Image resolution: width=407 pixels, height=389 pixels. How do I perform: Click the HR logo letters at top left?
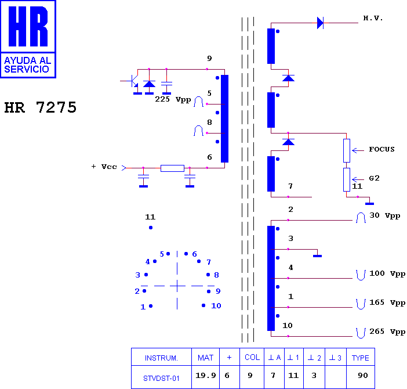coord(28,26)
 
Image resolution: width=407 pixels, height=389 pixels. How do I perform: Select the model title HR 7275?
coord(41,107)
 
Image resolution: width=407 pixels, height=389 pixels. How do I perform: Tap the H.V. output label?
coord(373,18)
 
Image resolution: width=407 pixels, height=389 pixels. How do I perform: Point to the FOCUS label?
coord(381,149)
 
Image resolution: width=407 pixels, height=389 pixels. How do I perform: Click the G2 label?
coord(374,178)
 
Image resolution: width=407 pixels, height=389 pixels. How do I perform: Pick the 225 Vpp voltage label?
coord(173,99)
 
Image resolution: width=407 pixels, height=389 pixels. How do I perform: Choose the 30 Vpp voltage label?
coord(384,215)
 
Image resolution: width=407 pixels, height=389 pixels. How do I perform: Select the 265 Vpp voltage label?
coord(387,332)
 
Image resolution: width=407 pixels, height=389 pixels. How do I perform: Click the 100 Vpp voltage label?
coord(387,273)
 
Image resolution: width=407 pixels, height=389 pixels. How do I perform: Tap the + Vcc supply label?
coord(104,167)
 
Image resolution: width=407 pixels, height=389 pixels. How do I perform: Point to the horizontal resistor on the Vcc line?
coord(172,168)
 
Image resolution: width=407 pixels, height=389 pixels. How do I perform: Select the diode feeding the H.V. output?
coord(320,23)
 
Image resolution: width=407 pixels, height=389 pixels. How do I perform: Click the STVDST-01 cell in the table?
coord(161,379)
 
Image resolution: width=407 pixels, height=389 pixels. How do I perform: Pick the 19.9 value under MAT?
coord(206,376)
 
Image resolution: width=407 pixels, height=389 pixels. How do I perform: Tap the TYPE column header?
coord(360,358)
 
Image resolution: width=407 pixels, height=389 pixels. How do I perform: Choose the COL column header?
coord(252,357)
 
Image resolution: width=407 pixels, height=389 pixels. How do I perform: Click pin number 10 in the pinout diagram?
coord(216,305)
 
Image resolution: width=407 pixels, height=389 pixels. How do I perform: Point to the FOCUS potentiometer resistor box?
coord(347,150)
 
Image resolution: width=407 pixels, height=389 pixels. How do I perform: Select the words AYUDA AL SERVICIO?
coord(27,64)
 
